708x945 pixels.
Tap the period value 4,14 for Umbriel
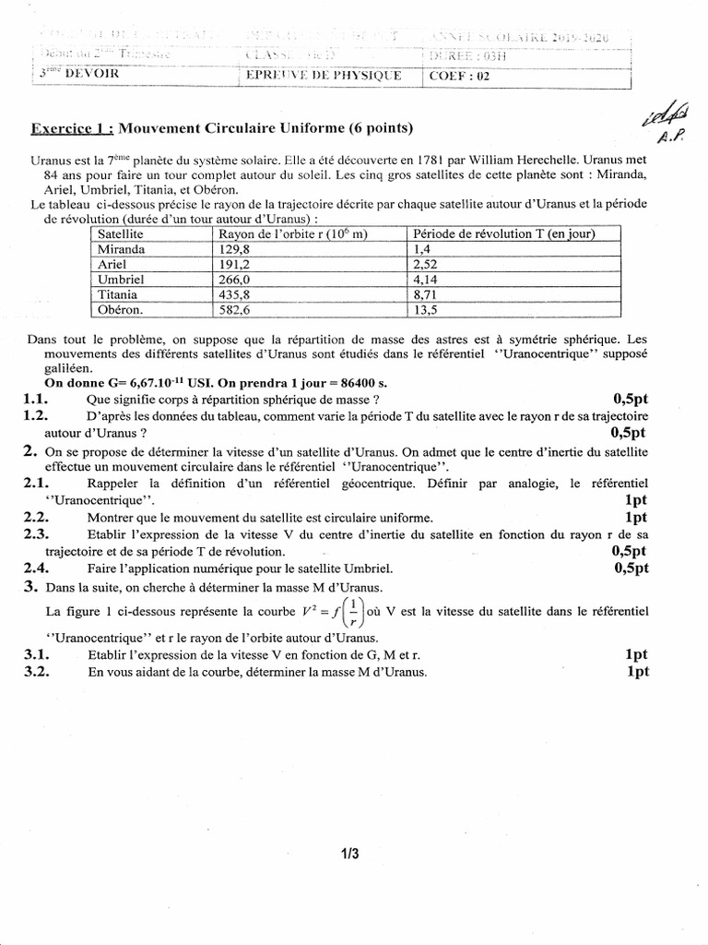(426, 279)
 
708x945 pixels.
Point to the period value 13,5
(426, 308)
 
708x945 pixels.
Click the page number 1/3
(349, 854)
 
